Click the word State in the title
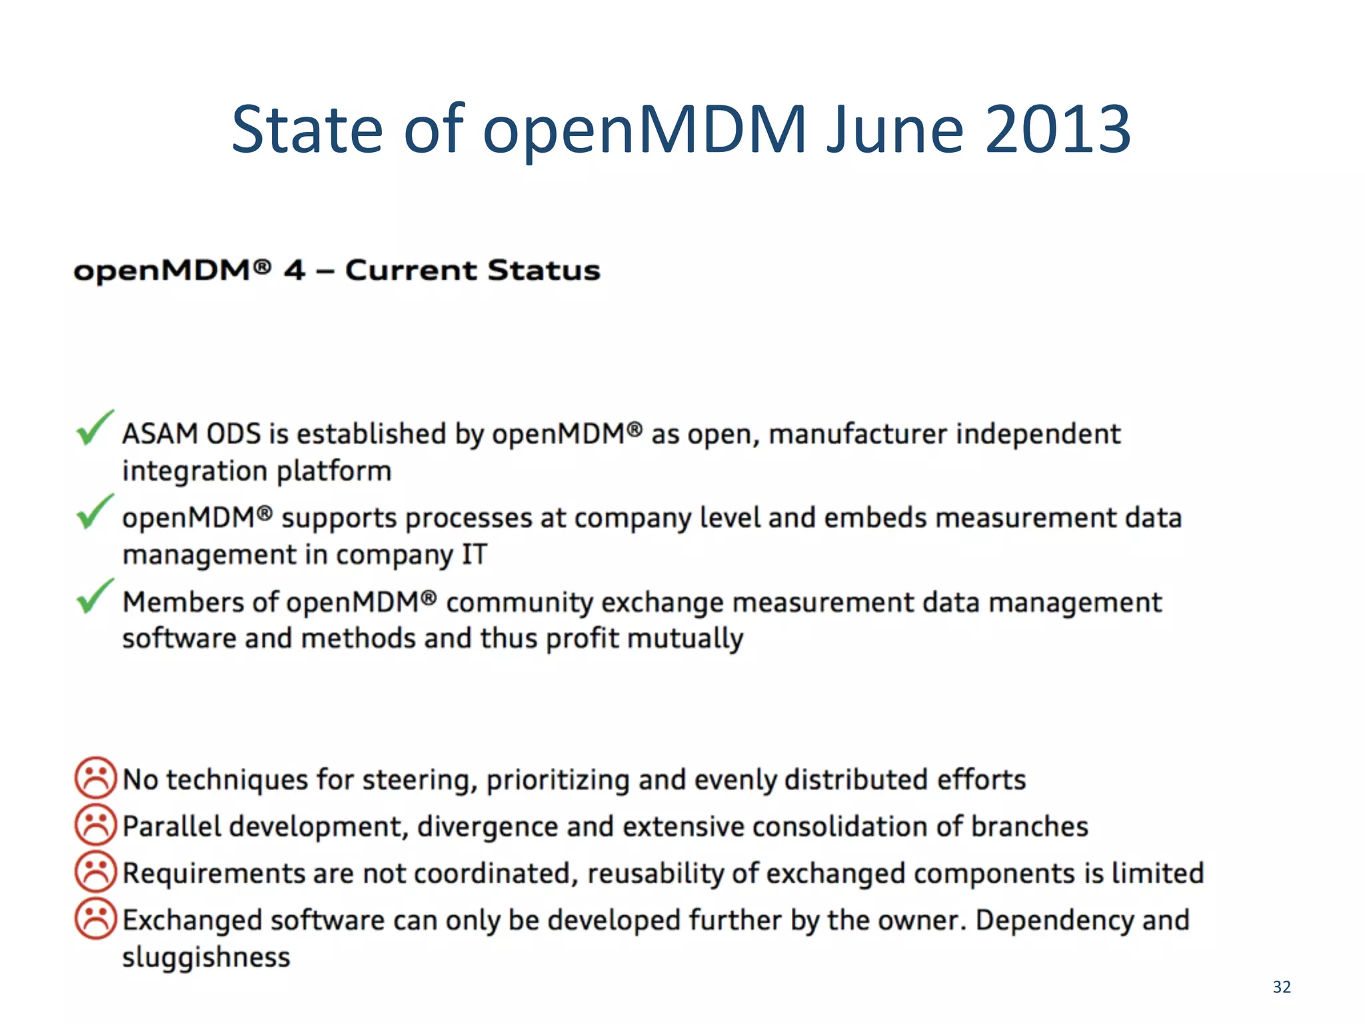pyautogui.click(x=307, y=129)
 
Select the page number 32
pyautogui.click(x=1281, y=987)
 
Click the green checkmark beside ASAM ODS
pyautogui.click(x=95, y=428)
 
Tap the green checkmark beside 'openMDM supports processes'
pyautogui.click(x=95, y=512)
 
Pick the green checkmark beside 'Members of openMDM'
pyautogui.click(x=95, y=596)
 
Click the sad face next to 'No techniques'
pyautogui.click(x=95, y=778)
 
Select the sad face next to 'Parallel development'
pyautogui.click(x=95, y=825)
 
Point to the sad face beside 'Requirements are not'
pyautogui.click(x=95, y=872)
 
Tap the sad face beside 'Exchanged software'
pyautogui.click(x=95, y=919)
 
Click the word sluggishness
pyautogui.click(x=206, y=957)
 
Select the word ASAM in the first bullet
pyautogui.click(x=160, y=434)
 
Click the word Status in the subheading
pyautogui.click(x=543, y=271)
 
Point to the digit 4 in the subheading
pyautogui.click(x=294, y=271)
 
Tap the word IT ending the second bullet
pyautogui.click(x=475, y=555)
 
